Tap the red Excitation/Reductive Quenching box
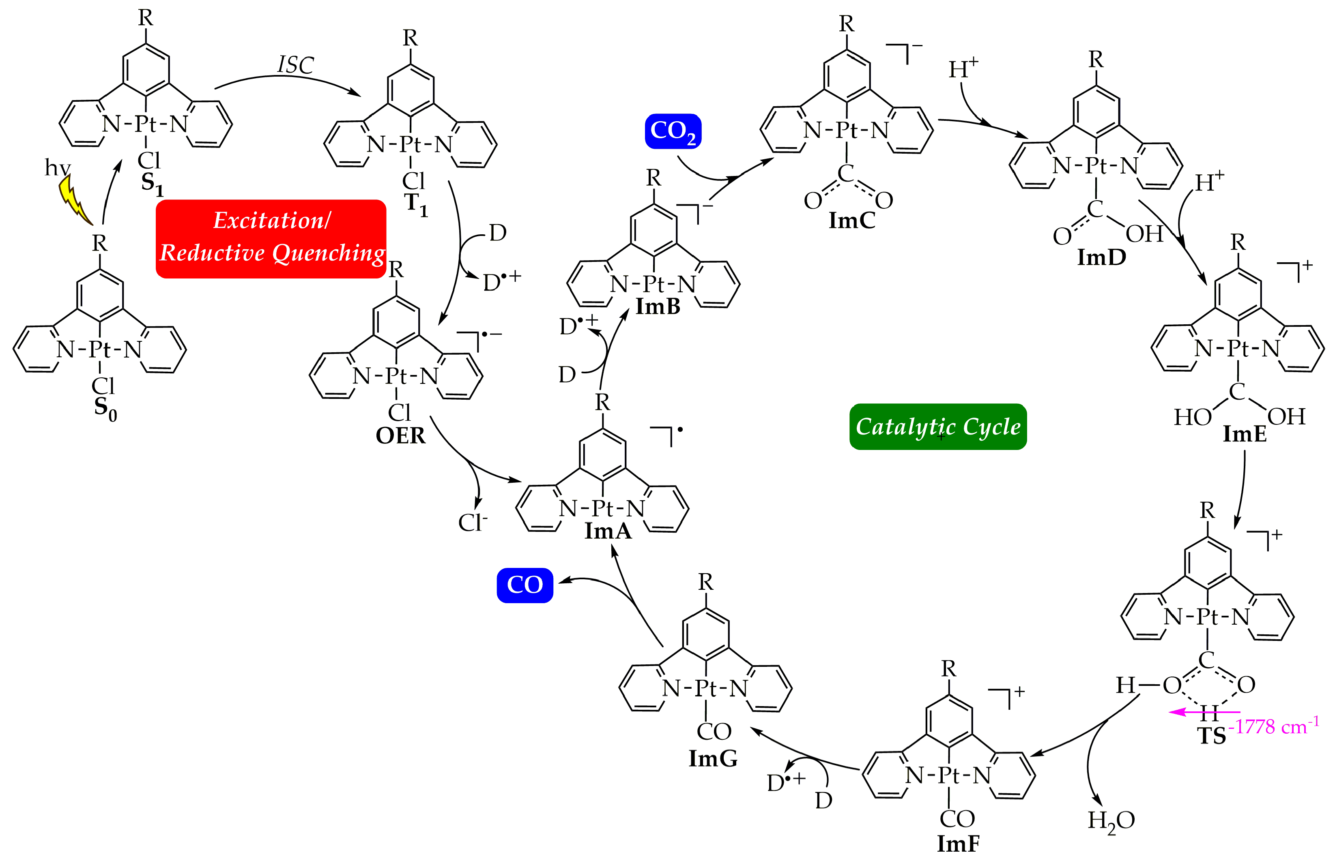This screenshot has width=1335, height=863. [x=271, y=238]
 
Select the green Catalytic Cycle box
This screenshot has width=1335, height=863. [x=937, y=426]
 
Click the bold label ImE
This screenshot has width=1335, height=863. [x=1244, y=434]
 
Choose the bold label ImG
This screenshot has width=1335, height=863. [x=713, y=758]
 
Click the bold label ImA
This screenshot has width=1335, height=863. [x=608, y=531]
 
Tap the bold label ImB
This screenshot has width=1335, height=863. [x=657, y=306]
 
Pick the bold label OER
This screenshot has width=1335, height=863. [x=400, y=435]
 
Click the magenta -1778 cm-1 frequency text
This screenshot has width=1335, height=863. [x=1273, y=726]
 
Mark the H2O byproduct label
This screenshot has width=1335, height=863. [x=1111, y=821]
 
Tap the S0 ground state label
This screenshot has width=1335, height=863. [x=105, y=407]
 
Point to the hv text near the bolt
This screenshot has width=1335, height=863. [x=57, y=167]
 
